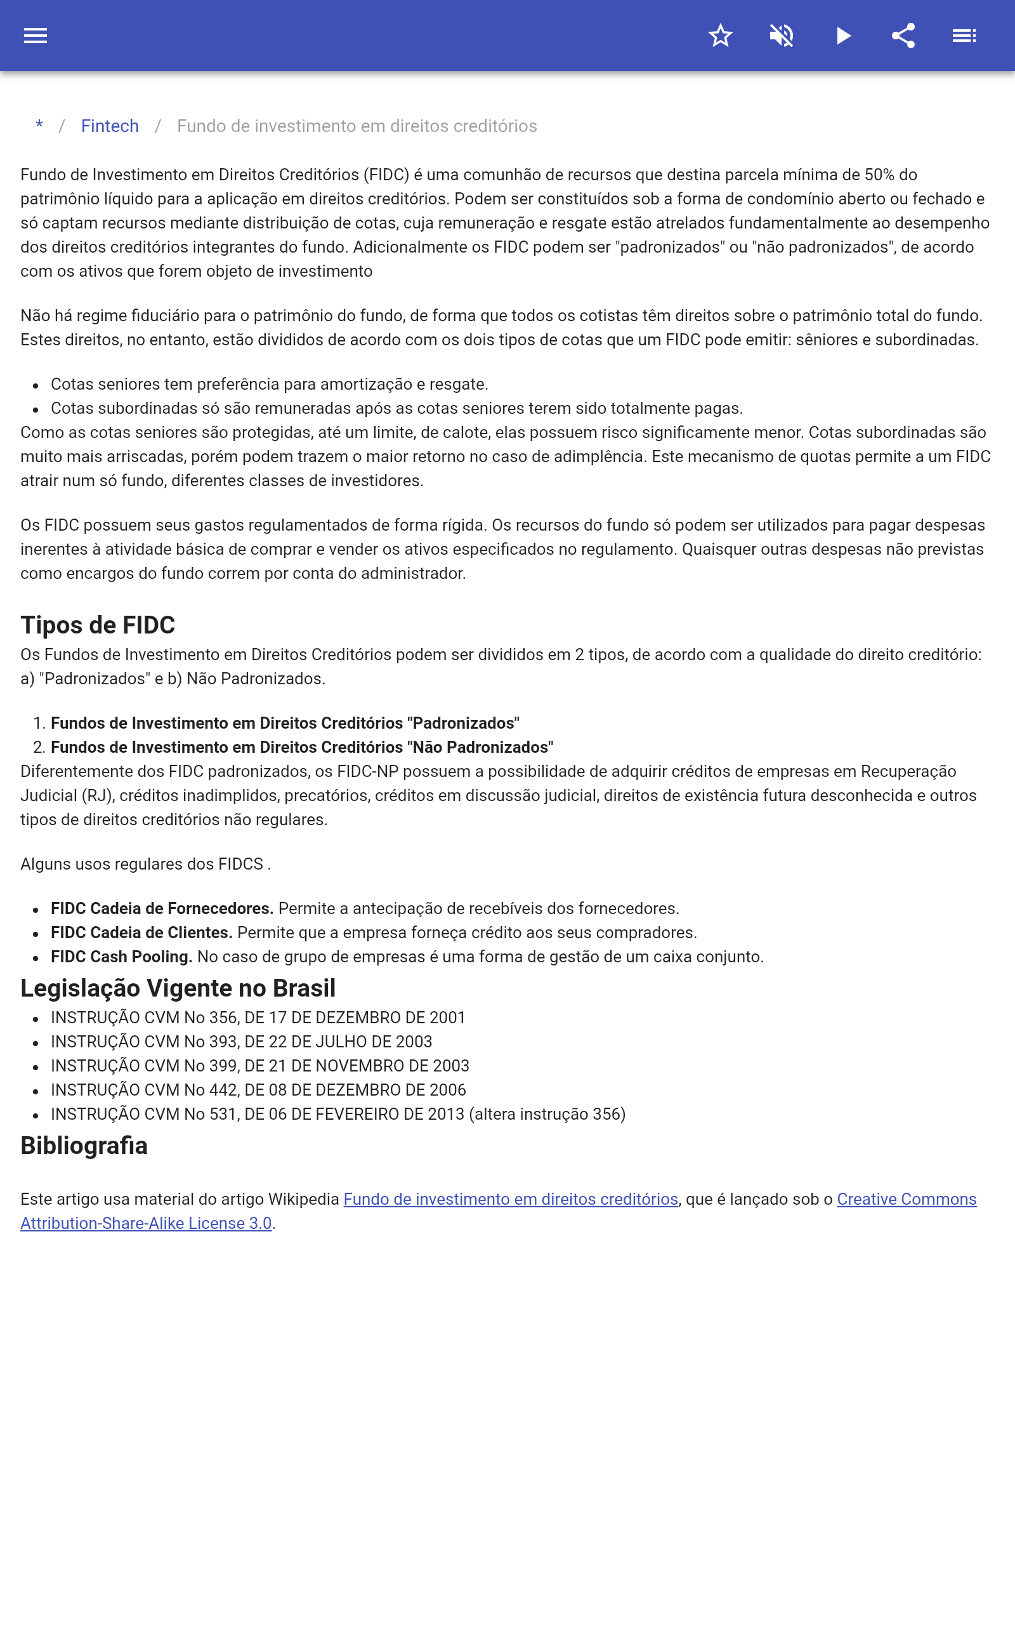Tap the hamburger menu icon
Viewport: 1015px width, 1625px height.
click(36, 36)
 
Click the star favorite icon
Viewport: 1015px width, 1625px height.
click(720, 36)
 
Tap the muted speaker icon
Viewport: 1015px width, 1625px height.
click(782, 36)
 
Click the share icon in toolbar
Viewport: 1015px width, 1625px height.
click(903, 36)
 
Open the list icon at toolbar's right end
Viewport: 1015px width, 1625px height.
click(964, 36)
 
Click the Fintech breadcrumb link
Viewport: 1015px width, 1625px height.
click(110, 126)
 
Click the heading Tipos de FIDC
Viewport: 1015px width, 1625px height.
click(98, 625)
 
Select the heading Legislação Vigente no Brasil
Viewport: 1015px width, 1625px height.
click(178, 988)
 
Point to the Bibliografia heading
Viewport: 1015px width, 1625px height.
click(84, 1146)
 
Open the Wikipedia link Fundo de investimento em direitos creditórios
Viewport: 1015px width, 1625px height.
click(510, 1199)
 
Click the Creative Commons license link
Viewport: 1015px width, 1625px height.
click(907, 1199)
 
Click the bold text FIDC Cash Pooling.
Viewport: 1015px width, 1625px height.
click(122, 957)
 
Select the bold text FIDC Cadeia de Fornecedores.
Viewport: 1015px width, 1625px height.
click(162, 908)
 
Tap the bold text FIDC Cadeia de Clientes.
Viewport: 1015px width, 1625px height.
click(141, 932)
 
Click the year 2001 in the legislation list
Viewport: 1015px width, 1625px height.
click(447, 1018)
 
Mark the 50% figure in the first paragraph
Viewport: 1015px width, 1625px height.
click(879, 175)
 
